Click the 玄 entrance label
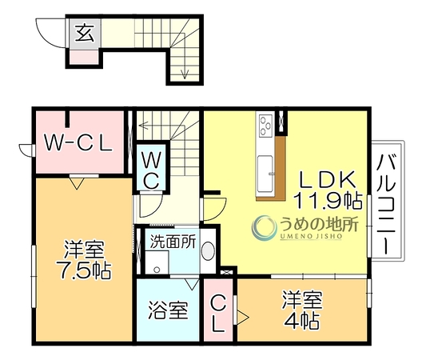85,34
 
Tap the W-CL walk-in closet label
78,143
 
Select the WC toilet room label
151,170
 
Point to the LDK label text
327,180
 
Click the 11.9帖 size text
328,201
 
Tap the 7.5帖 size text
83,270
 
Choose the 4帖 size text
302,321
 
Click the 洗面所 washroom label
173,241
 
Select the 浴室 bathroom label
168,310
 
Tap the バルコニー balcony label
387,205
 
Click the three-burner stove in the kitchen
266,125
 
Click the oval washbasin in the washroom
208,251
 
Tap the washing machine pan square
157,262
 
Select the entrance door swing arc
50,34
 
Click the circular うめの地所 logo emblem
264,228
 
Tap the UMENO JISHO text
311,237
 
